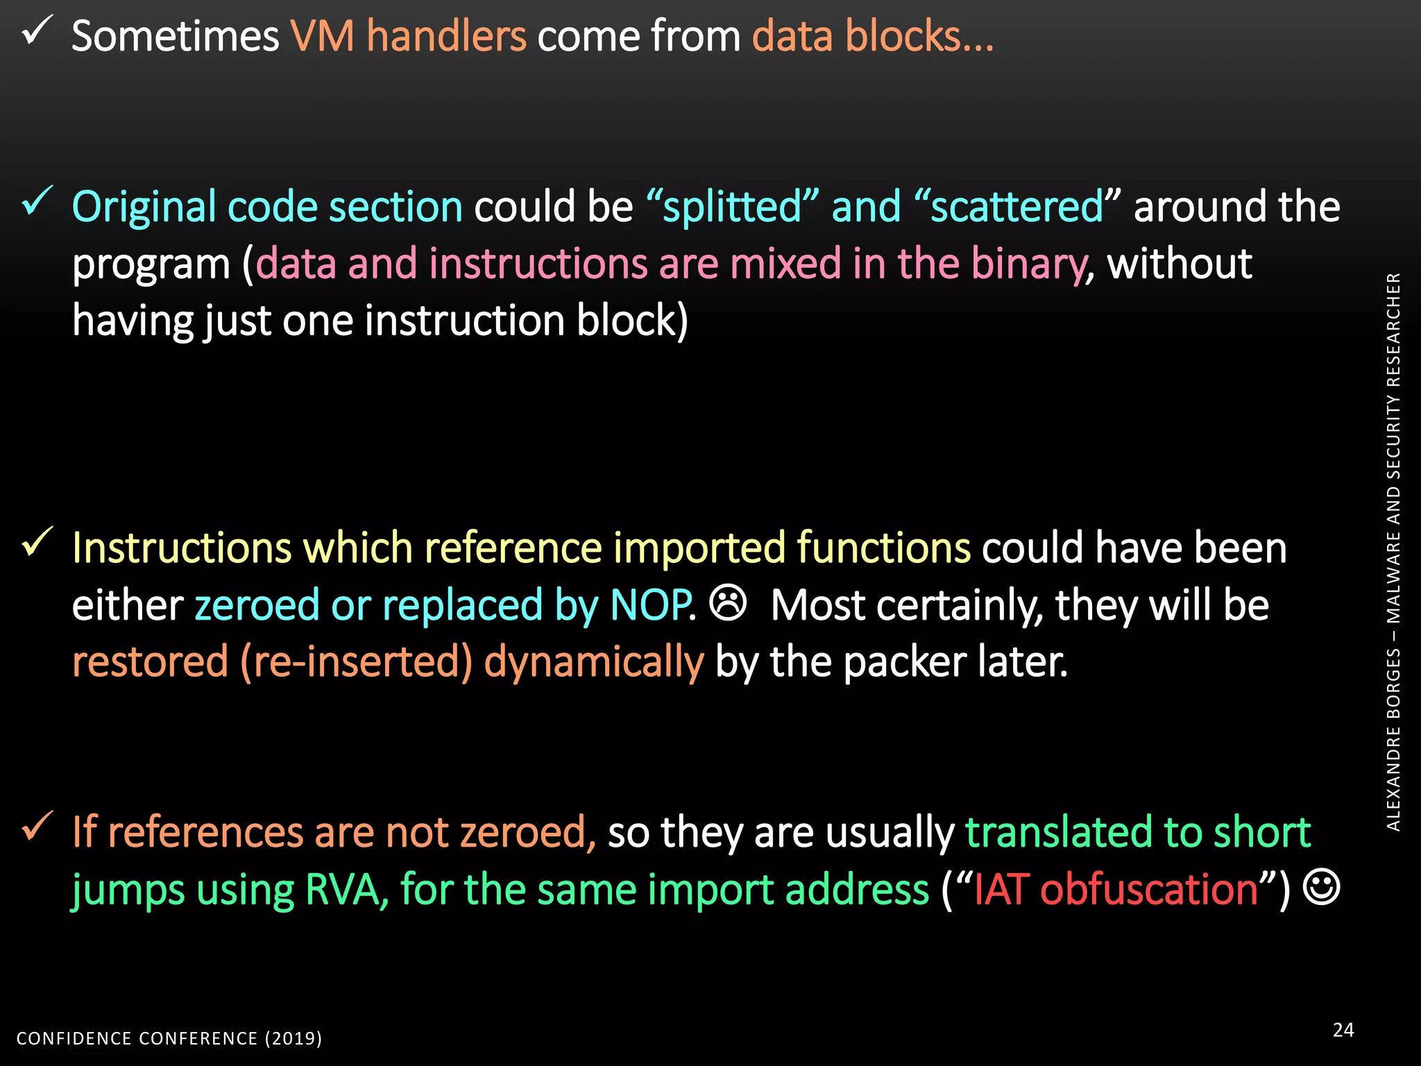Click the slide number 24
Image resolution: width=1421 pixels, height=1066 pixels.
[x=1343, y=1029]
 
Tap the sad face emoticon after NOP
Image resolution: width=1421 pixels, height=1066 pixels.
[x=728, y=602]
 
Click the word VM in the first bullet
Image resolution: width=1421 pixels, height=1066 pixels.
[x=322, y=36]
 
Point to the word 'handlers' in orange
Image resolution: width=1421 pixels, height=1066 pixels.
[x=446, y=36]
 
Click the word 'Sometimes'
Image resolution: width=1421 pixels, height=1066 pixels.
[x=175, y=36]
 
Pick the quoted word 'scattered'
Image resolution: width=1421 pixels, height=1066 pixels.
[x=1016, y=207]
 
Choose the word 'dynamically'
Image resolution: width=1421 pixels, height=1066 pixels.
[x=594, y=661]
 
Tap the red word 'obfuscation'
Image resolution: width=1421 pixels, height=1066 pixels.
[x=1149, y=889]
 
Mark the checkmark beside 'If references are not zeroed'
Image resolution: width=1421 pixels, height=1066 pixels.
[x=37, y=826]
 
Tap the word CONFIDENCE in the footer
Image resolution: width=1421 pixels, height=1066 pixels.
[x=74, y=1038]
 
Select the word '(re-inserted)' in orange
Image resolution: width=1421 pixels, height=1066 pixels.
[x=356, y=661]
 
